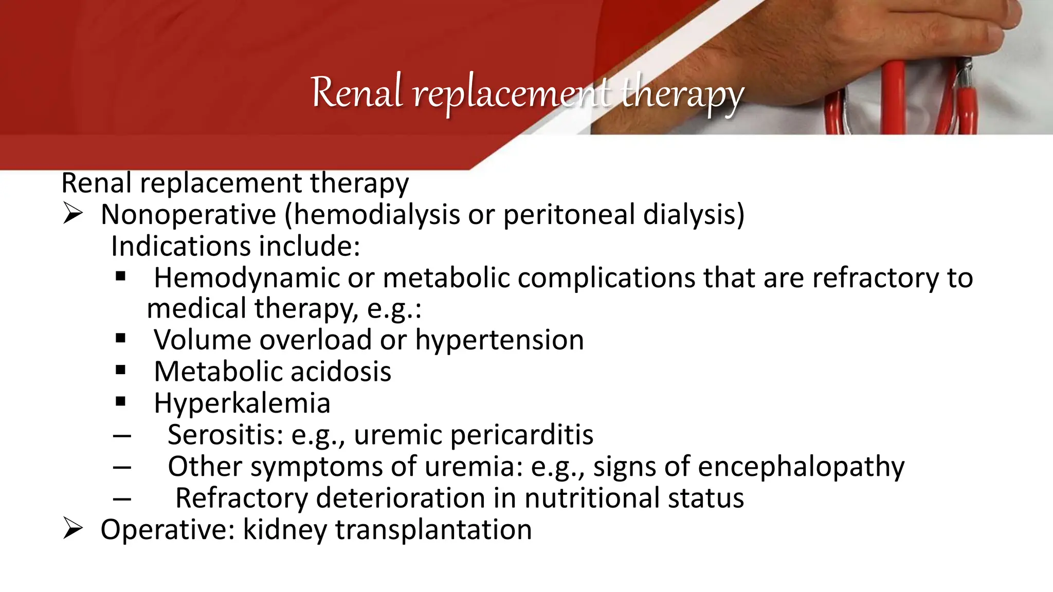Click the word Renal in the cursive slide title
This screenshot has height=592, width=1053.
[356, 93]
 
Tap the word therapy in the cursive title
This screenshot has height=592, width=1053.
[682, 95]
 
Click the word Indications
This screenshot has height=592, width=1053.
[180, 246]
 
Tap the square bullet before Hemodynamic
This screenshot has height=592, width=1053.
[121, 276]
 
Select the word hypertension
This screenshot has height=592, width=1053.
[499, 341]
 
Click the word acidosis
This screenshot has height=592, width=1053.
[343, 372]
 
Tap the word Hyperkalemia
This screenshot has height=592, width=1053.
[242, 403]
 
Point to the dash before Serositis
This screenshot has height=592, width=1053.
[122, 436]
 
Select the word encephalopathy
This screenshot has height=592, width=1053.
[801, 467]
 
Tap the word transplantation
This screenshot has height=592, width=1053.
[433, 530]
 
